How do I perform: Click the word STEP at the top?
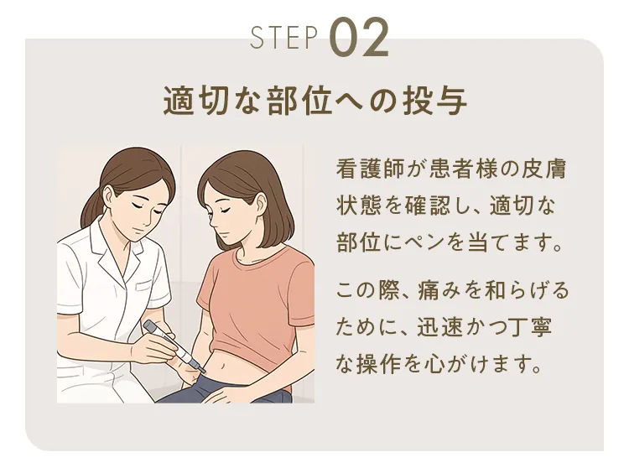[284, 38]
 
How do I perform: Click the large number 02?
[360, 38]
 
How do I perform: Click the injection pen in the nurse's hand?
[172, 344]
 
